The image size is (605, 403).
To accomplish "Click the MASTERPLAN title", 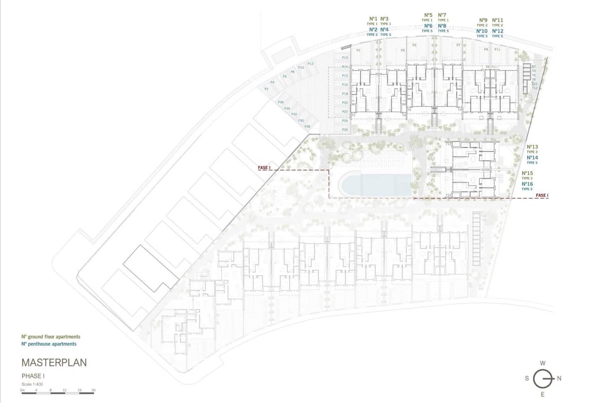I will pos(54,362).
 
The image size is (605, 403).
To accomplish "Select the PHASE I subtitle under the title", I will pos(33,376).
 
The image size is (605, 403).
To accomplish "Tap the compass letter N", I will pos(559,378).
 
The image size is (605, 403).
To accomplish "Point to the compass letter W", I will pos(543,363).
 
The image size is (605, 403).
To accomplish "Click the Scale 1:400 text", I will pos(32,384).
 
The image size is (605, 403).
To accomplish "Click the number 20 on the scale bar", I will pos(93,390).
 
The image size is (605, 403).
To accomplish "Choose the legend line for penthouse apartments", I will pos(49,344).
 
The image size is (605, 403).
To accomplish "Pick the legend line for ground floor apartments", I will pos(51,336).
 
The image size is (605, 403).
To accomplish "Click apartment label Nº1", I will pos(373,19).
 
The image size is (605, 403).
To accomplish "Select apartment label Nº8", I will pos(442,26).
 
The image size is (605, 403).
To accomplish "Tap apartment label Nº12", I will pos(498,31).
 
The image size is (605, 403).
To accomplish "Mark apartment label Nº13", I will pos(532,147).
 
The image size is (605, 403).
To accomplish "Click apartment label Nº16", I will pos(527,184).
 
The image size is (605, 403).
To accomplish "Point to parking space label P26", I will pos(345,130).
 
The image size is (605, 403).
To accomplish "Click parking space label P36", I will pos(281,102).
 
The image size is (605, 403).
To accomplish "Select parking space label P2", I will pos(266,89).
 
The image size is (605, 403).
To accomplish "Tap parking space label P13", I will pos(345,58).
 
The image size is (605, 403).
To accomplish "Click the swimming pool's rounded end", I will pos(346,185).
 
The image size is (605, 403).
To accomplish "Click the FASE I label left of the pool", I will pos(264,167).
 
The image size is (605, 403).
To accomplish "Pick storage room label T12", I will pos(534,88).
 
